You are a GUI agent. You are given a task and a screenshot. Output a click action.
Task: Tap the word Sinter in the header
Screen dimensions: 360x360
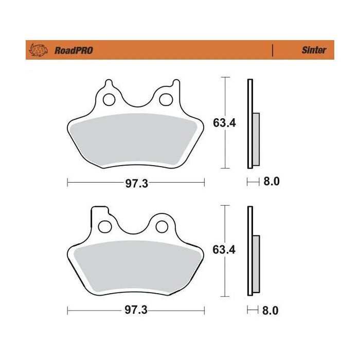coord(313,50)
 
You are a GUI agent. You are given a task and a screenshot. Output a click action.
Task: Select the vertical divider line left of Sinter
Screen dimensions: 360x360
coord(272,50)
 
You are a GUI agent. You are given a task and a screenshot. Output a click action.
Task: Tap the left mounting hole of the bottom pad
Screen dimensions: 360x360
coord(106,226)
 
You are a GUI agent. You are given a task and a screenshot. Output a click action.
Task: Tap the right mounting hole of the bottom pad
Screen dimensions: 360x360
coord(163,226)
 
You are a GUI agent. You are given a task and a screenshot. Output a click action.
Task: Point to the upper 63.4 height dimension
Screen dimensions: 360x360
coord(224,122)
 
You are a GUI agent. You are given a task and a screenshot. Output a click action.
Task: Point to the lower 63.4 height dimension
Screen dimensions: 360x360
coord(224,250)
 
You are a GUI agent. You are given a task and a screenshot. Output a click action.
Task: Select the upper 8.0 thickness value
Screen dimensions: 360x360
coord(271,182)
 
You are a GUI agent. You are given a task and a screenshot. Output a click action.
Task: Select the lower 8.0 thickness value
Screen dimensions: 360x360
coord(271,311)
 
